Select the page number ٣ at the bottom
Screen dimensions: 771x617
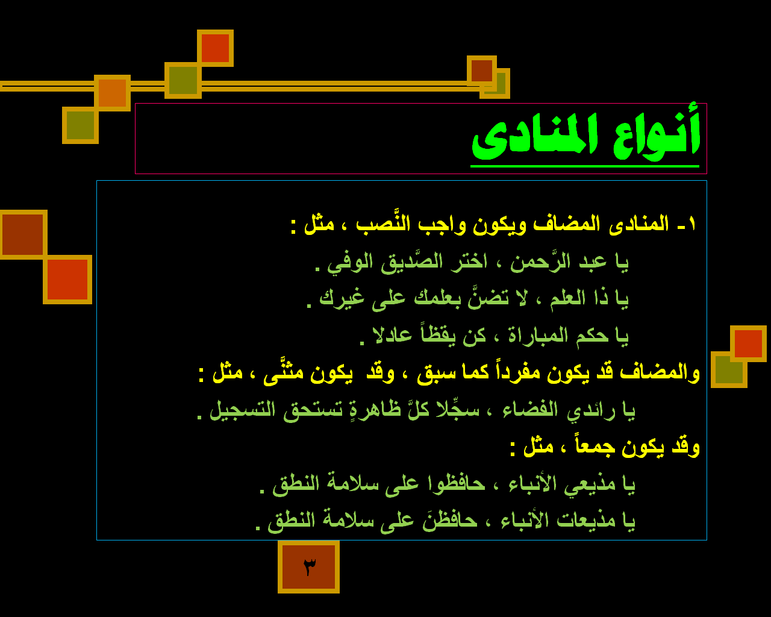pyautogui.click(x=309, y=567)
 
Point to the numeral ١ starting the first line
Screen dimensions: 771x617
pyautogui.click(x=691, y=224)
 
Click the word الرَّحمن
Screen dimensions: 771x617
pyautogui.click(x=540, y=261)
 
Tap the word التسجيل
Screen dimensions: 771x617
pyautogui.click(x=242, y=410)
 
